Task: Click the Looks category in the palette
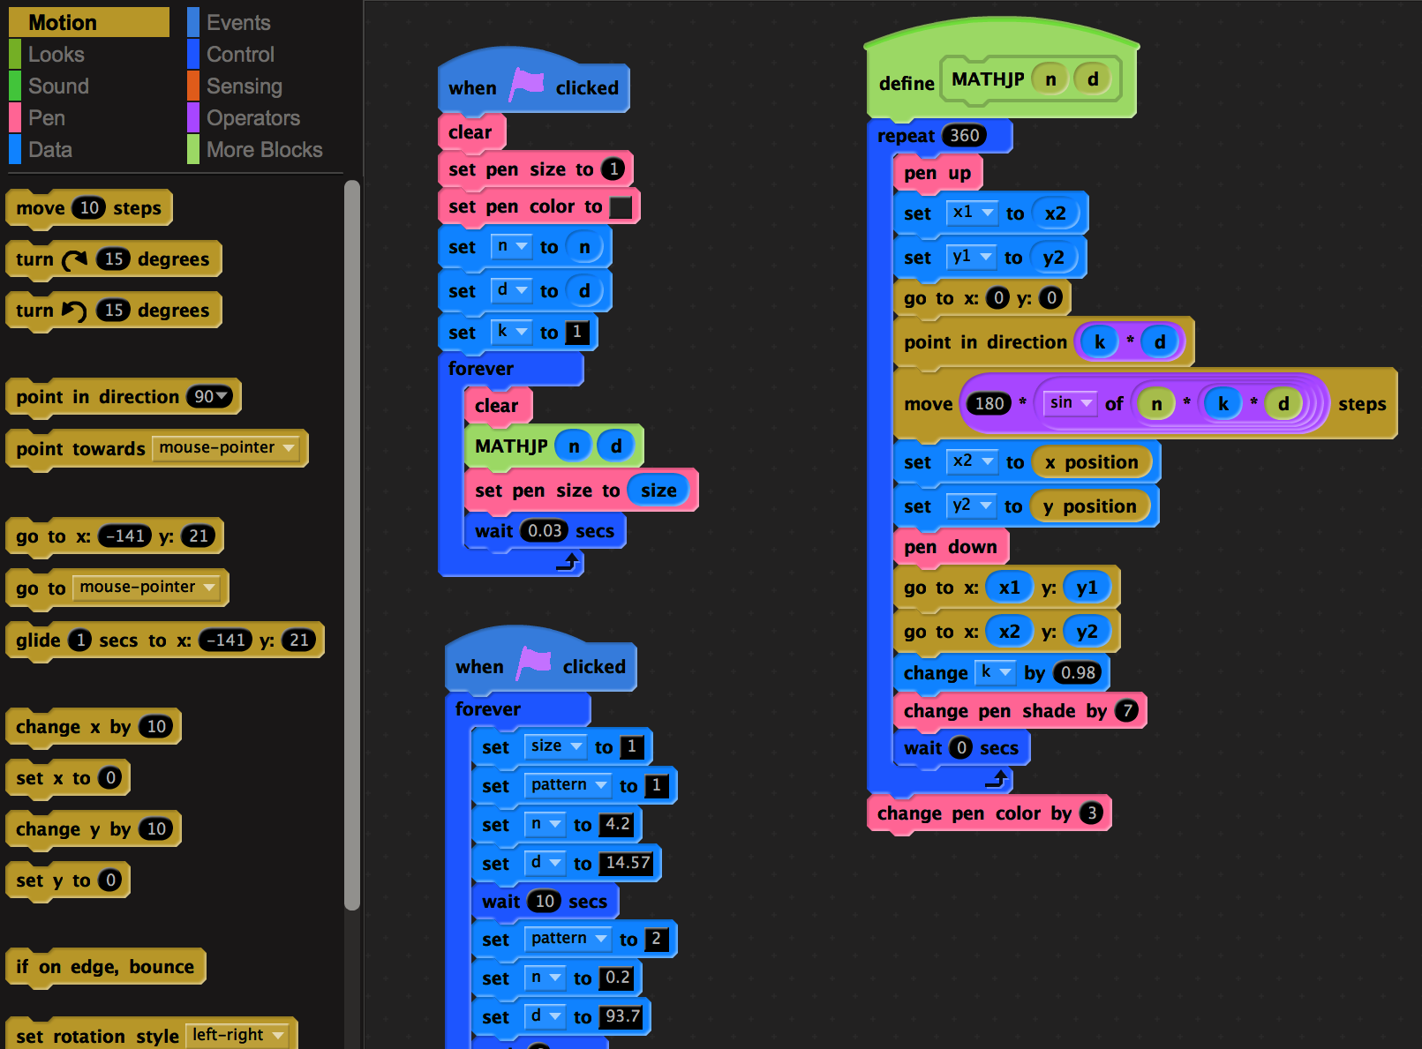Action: pyautogui.click(x=56, y=55)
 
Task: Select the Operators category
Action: pyautogui.click(x=252, y=118)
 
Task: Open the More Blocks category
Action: pyautogui.click(x=264, y=150)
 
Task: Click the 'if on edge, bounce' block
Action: pyautogui.click(x=104, y=967)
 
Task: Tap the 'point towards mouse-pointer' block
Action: pyautogui.click(x=79, y=449)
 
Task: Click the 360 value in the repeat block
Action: pyautogui.click(x=964, y=136)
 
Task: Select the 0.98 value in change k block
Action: pyautogui.click(x=1078, y=673)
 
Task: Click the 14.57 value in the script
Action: pyautogui.click(x=628, y=863)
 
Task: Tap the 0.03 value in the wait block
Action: pyautogui.click(x=545, y=531)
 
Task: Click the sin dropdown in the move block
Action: pyautogui.click(x=1069, y=403)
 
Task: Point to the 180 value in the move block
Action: pyautogui.click(x=989, y=404)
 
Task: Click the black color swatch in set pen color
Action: pyautogui.click(x=621, y=207)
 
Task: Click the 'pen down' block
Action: pyautogui.click(x=950, y=548)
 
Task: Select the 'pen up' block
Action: pyautogui.click(x=937, y=174)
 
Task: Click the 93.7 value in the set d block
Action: pyautogui.click(x=622, y=1016)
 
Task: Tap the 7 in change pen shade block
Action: pyautogui.click(x=1126, y=711)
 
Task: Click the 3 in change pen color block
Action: pyautogui.click(x=1092, y=813)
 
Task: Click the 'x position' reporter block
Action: pyautogui.click(x=1091, y=462)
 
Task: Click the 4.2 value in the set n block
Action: pyautogui.click(x=617, y=825)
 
